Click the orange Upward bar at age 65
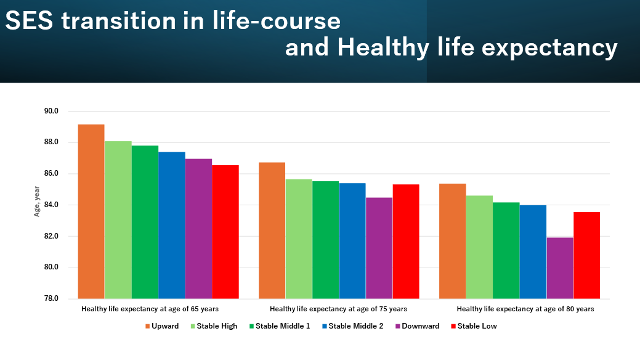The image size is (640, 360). coord(91,211)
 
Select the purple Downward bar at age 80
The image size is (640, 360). coord(560,268)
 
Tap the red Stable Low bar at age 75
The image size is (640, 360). coord(406,242)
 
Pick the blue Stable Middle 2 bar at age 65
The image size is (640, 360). coord(172,225)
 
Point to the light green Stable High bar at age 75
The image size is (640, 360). coord(299,239)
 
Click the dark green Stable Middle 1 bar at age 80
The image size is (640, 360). coord(506,250)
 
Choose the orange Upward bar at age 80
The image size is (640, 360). coord(452,241)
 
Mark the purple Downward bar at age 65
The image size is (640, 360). coord(198,229)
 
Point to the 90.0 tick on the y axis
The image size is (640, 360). coord(51,112)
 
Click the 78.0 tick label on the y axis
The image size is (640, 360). coord(51,299)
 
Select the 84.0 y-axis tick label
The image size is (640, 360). coord(51,205)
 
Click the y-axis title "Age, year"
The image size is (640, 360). coord(36,202)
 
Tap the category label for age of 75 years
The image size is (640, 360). coord(338,309)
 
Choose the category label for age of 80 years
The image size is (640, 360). coord(525,309)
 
